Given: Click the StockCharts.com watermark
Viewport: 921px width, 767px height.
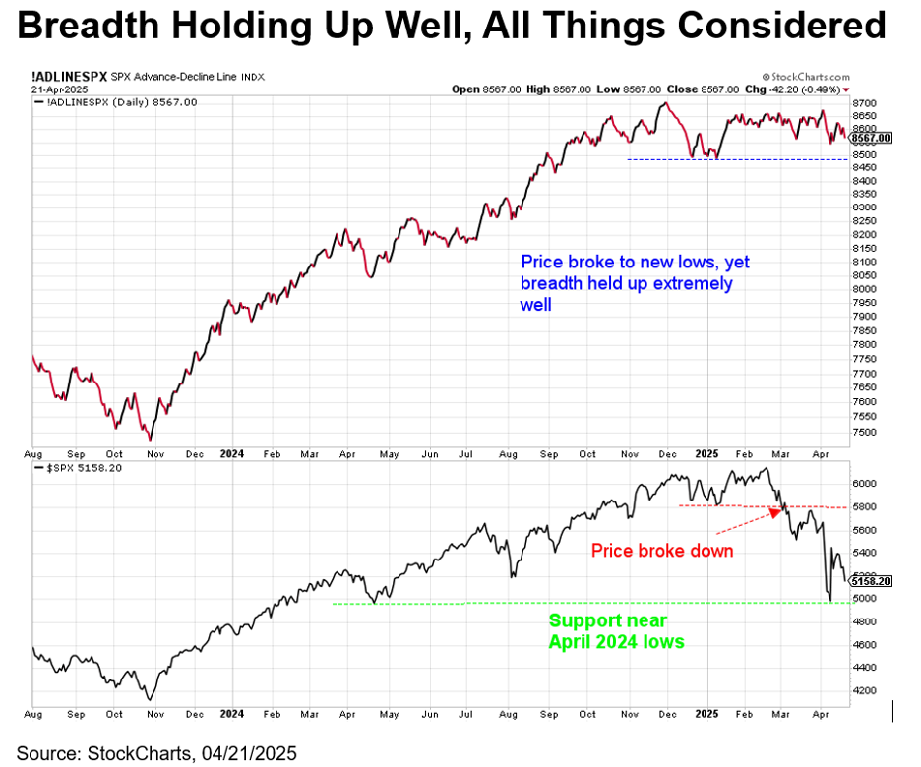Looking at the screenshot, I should (x=806, y=77).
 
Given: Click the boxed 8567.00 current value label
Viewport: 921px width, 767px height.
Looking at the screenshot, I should (x=872, y=139).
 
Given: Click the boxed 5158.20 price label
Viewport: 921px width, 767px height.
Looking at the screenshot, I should (x=872, y=581).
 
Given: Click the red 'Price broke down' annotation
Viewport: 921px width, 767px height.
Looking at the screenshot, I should (x=662, y=551).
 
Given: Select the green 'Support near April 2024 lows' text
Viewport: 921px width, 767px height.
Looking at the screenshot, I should (x=616, y=631).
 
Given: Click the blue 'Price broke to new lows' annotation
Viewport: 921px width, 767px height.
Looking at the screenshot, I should (x=627, y=283).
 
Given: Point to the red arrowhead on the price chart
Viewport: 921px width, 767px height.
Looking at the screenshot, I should (x=780, y=509).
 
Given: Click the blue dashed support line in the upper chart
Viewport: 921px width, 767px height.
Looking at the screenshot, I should (x=748, y=159).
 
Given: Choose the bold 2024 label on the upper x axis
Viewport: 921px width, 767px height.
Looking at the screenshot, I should (x=232, y=454).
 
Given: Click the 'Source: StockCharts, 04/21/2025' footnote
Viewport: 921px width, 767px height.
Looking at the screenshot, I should (x=156, y=753).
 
